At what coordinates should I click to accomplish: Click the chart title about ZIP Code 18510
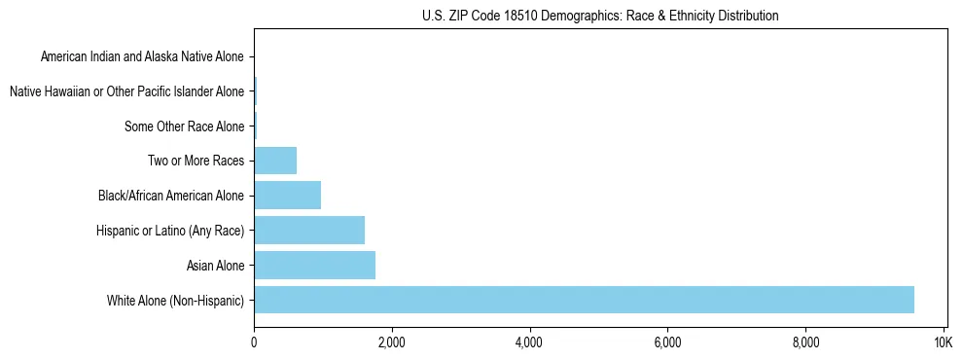pyautogui.click(x=600, y=16)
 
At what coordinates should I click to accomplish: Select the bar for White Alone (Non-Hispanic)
pyautogui.click(x=584, y=300)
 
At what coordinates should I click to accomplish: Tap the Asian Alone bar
pyautogui.click(x=314, y=265)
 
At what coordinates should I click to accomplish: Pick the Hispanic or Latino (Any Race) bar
pyautogui.click(x=309, y=230)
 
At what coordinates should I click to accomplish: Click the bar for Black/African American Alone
pyautogui.click(x=287, y=195)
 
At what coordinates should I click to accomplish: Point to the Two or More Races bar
pyautogui.click(x=275, y=160)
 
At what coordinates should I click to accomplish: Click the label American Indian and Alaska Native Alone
pyautogui.click(x=142, y=56)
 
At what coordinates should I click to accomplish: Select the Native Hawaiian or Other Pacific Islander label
pyautogui.click(x=126, y=91)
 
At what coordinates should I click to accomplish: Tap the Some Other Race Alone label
pyautogui.click(x=185, y=126)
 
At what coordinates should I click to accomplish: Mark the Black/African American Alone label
pyautogui.click(x=171, y=196)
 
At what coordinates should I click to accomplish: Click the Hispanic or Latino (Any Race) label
pyautogui.click(x=170, y=231)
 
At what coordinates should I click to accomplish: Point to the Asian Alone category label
pyautogui.click(x=215, y=266)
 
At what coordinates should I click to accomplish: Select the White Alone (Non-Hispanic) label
pyautogui.click(x=176, y=301)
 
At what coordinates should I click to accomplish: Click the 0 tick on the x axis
pyautogui.click(x=254, y=343)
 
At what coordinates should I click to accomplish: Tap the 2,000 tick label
pyautogui.click(x=392, y=343)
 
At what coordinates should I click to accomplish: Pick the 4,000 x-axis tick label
pyautogui.click(x=529, y=343)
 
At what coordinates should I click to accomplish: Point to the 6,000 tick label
pyautogui.click(x=667, y=343)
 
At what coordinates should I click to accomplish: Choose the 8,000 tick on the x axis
pyautogui.click(x=805, y=343)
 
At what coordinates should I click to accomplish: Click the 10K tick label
pyautogui.click(x=943, y=343)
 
